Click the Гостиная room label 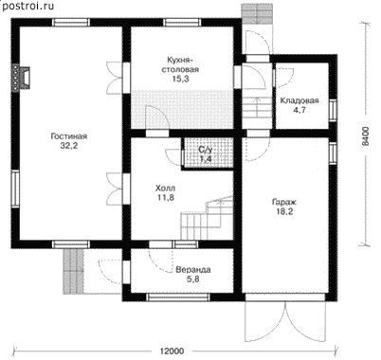68,136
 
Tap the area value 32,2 69,146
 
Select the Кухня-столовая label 180,64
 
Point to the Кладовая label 299,100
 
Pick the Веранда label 193,270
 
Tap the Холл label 165,189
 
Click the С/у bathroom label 205,150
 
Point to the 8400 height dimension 365,136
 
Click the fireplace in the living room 21,79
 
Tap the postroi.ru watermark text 28,6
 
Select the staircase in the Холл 207,217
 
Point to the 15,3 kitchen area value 180,79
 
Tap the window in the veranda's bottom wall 179,297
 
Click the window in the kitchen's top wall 182,23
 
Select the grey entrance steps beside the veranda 74,271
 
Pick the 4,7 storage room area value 299,110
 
